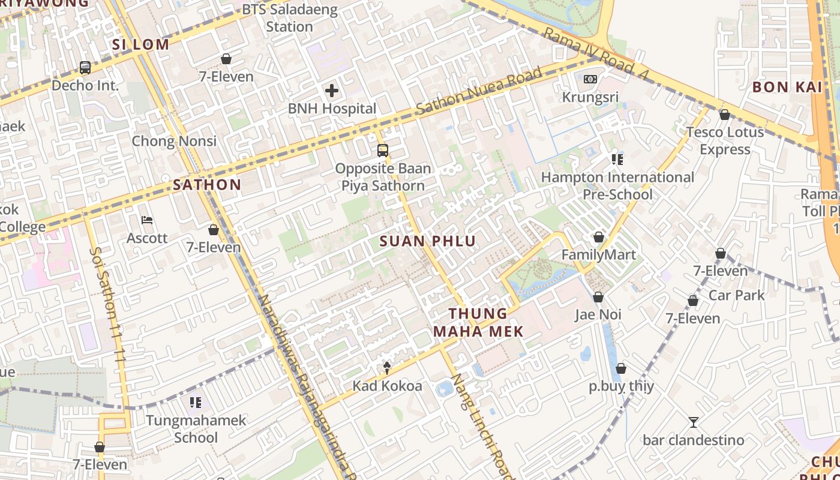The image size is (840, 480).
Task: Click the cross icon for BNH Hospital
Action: pyautogui.click(x=331, y=91)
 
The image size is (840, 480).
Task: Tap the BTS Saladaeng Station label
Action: pyautogui.click(x=290, y=19)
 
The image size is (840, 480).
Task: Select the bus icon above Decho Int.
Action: pyautogui.click(x=85, y=68)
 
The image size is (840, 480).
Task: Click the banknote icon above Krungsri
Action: pyautogui.click(x=590, y=79)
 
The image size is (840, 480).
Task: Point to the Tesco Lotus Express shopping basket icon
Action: pyautogui.click(x=724, y=115)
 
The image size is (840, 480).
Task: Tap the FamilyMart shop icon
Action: pyautogui.click(x=598, y=238)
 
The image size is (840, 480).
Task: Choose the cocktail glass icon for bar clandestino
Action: pyautogui.click(x=693, y=422)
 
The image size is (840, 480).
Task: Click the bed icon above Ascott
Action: pyautogui.click(x=147, y=220)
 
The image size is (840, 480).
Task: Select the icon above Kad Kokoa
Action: pyautogui.click(x=387, y=368)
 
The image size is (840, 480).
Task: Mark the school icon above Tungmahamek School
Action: pyautogui.click(x=196, y=402)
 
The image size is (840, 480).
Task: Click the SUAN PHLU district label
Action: pyautogui.click(x=428, y=241)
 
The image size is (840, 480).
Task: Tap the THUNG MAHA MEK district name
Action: pyautogui.click(x=478, y=322)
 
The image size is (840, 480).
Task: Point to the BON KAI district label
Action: pyautogui.click(x=787, y=87)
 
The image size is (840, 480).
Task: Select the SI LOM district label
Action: pyautogui.click(x=140, y=44)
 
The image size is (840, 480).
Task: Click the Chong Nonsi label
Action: pyautogui.click(x=174, y=142)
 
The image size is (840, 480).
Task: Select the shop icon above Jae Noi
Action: pyautogui.click(x=598, y=298)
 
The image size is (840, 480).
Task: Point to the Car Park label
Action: pyautogui.click(x=737, y=295)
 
